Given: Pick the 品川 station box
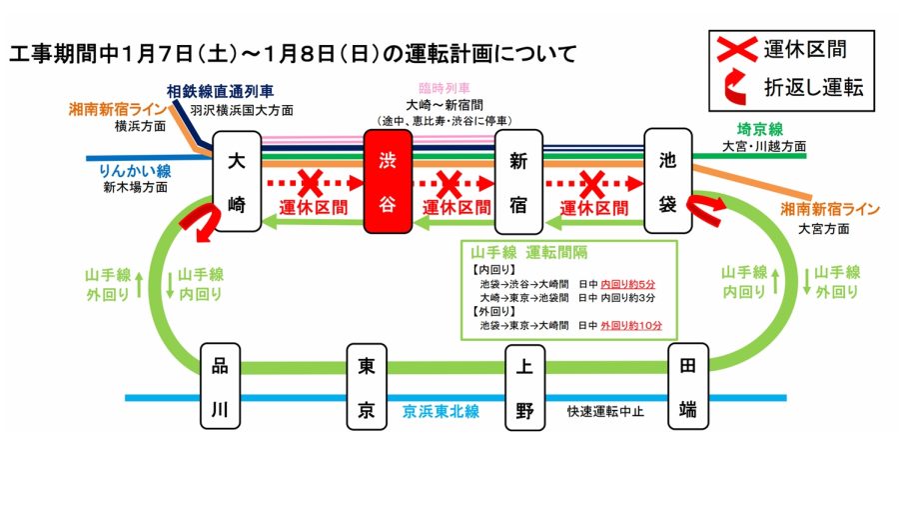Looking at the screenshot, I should click(x=220, y=386).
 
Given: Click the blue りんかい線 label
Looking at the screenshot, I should click(x=136, y=170).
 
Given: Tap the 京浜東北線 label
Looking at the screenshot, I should click(x=441, y=411).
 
